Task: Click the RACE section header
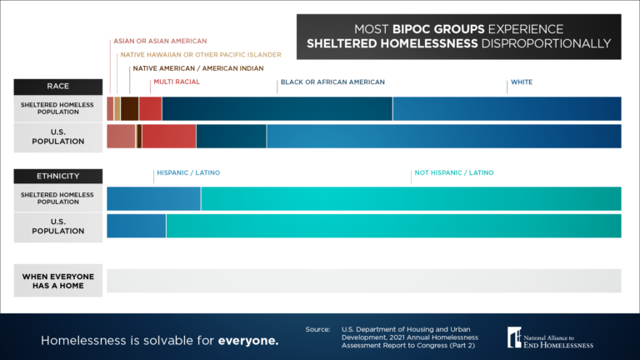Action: tap(57, 86)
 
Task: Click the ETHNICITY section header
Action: tap(57, 176)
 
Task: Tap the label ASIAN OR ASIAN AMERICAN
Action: tap(160, 41)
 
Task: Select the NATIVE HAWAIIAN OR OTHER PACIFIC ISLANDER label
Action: tap(201, 55)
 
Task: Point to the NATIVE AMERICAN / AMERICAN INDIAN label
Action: tap(198, 68)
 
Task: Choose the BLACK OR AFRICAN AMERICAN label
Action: tap(332, 82)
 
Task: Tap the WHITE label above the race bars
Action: tap(522, 82)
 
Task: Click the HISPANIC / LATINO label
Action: tap(188, 172)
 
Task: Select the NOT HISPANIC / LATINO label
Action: tap(454, 172)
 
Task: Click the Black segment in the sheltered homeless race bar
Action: tap(277, 109)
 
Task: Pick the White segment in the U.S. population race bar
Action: tap(443, 137)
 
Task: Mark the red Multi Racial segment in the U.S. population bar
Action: tap(169, 137)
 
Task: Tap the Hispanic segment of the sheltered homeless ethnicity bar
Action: tap(153, 199)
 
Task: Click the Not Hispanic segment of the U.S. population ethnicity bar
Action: tap(393, 227)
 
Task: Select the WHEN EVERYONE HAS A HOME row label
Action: tap(57, 282)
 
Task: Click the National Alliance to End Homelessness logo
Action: tap(550, 336)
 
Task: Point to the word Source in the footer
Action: tap(317, 329)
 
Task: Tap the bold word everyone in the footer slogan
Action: tap(248, 341)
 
